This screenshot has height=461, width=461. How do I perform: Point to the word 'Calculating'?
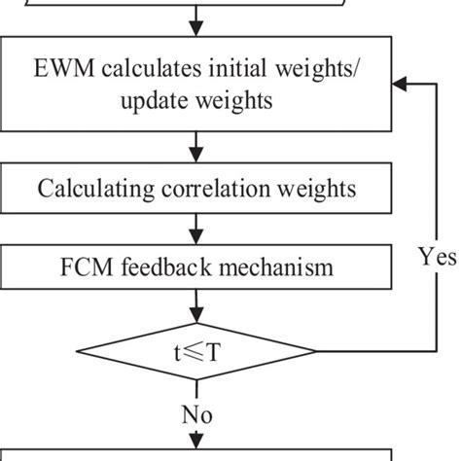[x=87, y=188]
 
